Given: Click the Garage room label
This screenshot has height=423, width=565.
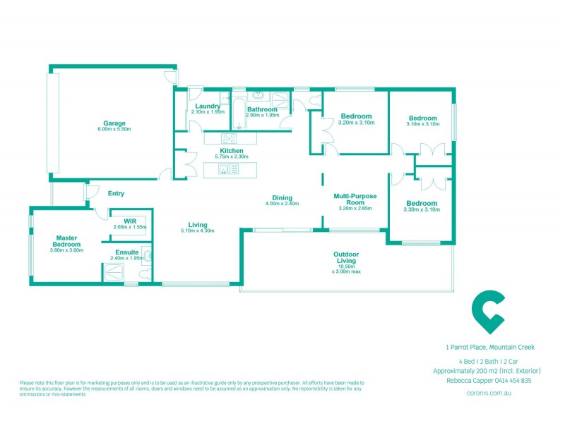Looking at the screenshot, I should tap(114, 122).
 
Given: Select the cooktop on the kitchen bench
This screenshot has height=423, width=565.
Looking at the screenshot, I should tap(230, 138).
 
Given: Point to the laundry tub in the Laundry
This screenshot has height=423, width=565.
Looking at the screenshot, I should tap(224, 99).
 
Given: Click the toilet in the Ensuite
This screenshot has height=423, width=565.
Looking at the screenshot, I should tap(145, 272).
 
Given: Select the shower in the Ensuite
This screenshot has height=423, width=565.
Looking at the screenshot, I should tap(113, 273).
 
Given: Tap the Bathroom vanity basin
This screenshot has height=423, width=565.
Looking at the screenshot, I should tap(258, 94).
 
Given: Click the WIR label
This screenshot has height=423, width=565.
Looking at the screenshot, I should tap(129, 221).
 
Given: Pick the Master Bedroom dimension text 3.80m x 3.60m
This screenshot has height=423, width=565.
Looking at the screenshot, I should tap(67, 250).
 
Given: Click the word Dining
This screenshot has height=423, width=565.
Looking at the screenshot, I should tap(282, 197).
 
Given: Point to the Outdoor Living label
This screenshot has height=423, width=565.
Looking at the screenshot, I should tap(346, 257).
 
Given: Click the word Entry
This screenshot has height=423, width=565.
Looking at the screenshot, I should tap(116, 193).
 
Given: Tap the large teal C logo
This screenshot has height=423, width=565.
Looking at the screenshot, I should tap(489, 312).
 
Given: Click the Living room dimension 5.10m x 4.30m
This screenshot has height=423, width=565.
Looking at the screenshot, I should tap(197, 231).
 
